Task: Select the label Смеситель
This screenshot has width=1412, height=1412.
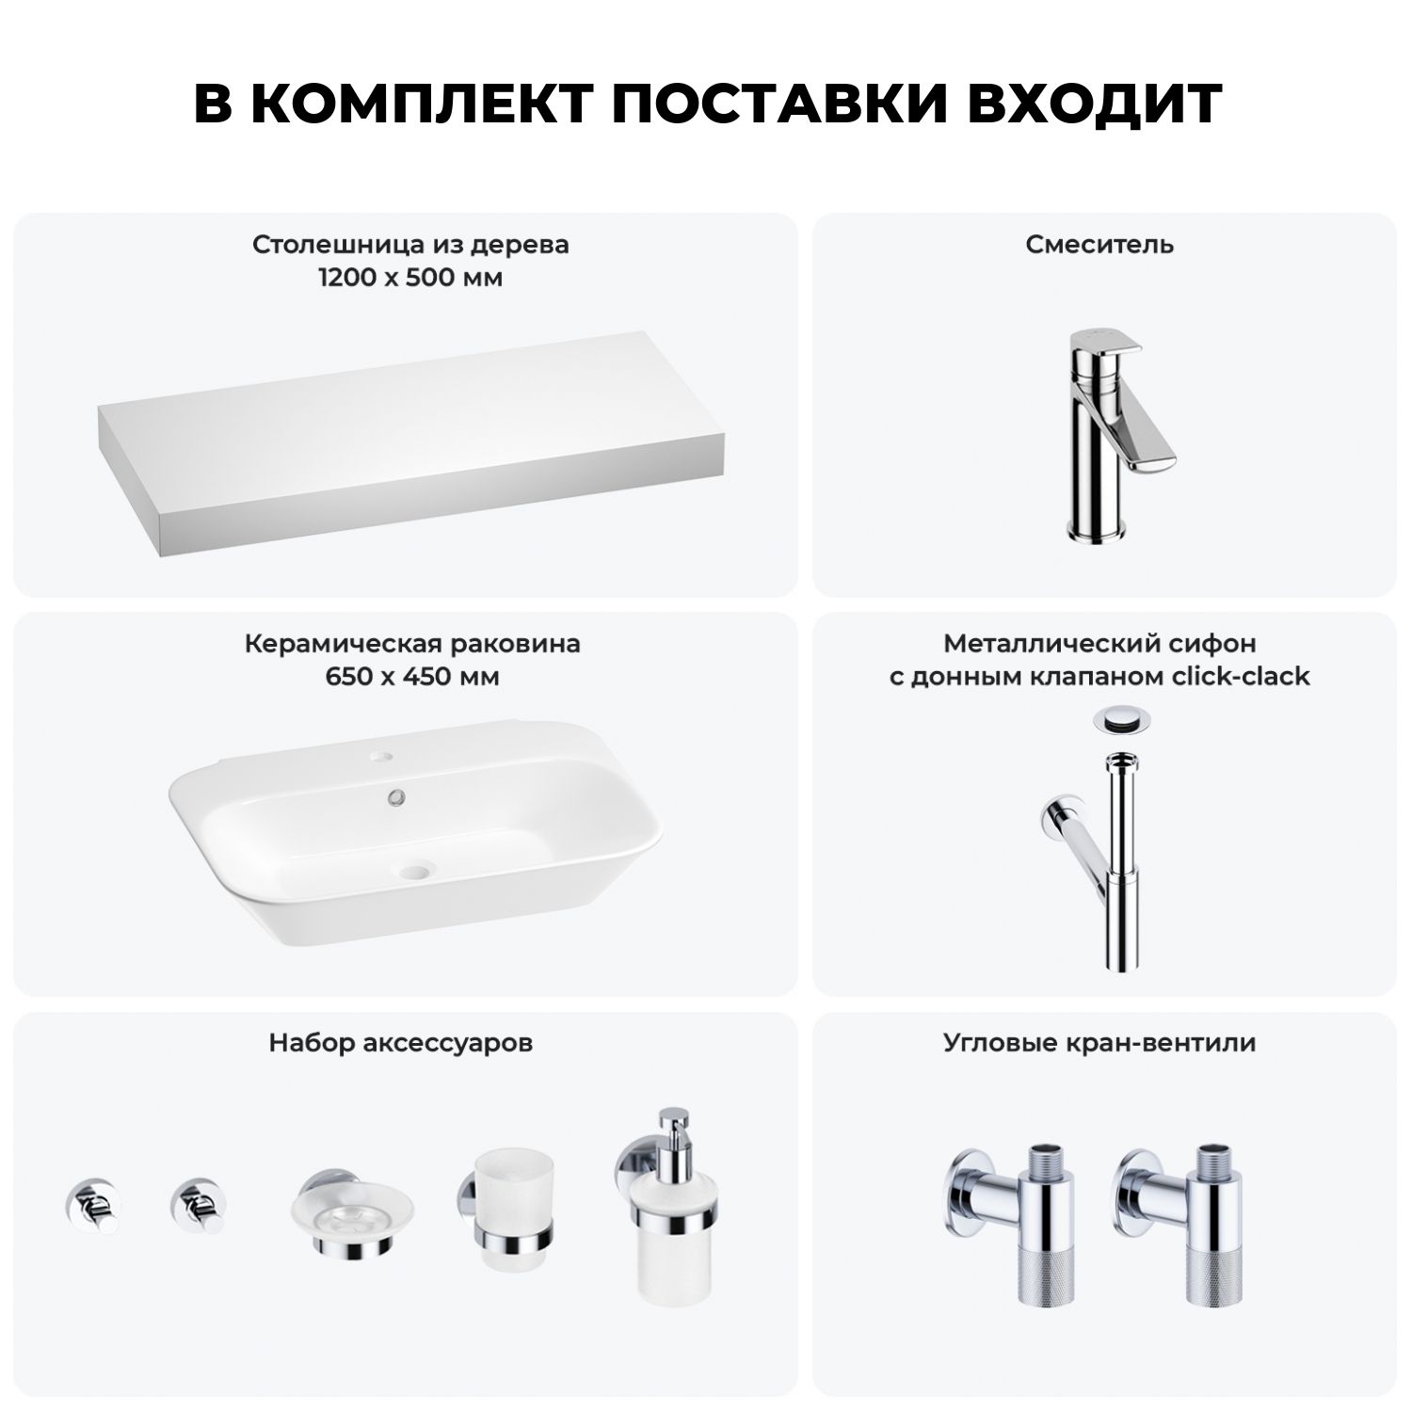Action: (x=1099, y=245)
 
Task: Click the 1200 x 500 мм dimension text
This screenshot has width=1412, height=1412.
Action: (x=410, y=279)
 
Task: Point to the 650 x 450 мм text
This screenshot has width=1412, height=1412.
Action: (x=412, y=677)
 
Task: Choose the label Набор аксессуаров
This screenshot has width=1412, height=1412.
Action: (x=401, y=1043)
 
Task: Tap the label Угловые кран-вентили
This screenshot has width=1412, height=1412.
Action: (x=1099, y=1043)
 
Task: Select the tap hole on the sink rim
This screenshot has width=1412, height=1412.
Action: (x=384, y=756)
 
